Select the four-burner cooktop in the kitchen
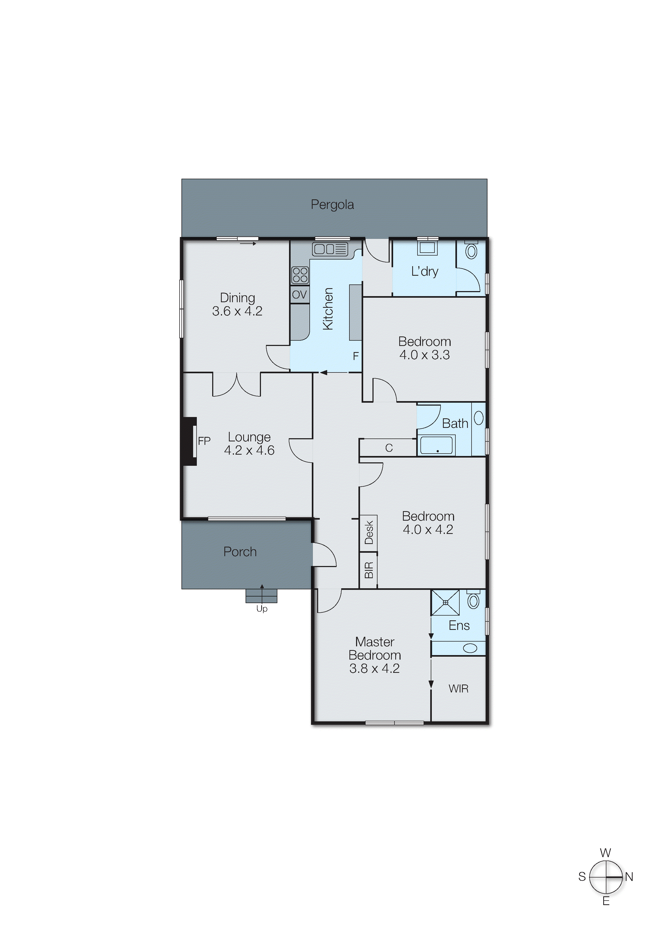tap(300, 275)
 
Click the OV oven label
tap(300, 295)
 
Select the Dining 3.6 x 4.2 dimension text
tap(237, 311)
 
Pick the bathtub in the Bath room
tap(436, 445)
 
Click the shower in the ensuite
tap(445, 603)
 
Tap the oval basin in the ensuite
tap(470, 648)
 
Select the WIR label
tap(458, 688)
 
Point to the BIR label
tap(369, 570)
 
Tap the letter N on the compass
tap(629, 877)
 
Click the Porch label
tap(240, 552)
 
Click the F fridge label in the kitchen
tap(356, 356)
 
